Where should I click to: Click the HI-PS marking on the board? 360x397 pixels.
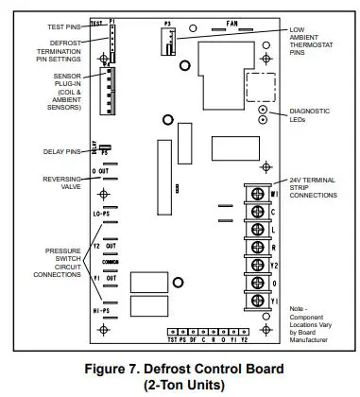tap(102, 309)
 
